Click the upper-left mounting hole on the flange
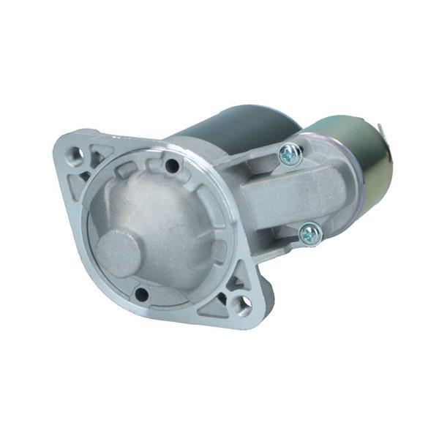point(75,154)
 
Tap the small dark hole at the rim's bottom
point(141,294)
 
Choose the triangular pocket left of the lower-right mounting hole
point(214,307)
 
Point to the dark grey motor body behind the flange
point(234,128)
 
